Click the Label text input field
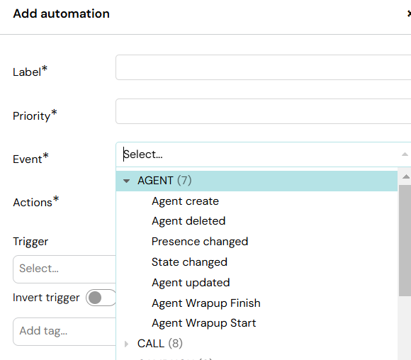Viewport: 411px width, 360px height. [263, 67]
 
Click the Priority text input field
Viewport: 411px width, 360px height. [263, 111]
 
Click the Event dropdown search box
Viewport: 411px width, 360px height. [263, 154]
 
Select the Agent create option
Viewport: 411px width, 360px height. [185, 201]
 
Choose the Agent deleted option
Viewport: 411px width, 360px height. [188, 221]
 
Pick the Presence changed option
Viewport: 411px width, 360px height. [200, 242]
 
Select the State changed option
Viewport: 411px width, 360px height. [189, 262]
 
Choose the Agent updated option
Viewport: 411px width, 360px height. [191, 283]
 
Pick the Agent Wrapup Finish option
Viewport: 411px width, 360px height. [206, 303]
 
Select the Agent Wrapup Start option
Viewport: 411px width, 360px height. [203, 323]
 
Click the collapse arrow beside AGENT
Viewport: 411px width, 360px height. [126, 181]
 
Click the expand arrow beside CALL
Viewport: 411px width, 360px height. [127, 344]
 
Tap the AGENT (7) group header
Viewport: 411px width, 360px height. [164, 181]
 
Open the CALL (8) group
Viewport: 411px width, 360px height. [160, 344]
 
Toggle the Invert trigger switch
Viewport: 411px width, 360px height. [101, 298]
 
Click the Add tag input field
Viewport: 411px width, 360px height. [64, 331]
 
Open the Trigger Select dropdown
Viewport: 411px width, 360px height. [64, 269]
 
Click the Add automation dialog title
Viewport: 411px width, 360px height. [62, 13]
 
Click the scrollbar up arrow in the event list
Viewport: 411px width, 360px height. [406, 176]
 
